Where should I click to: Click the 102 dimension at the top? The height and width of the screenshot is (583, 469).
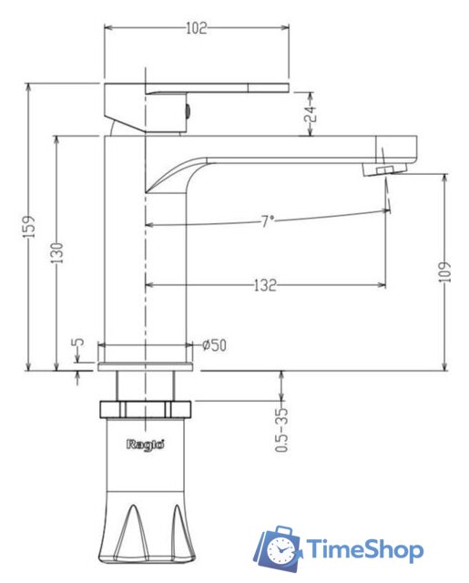coord(196,28)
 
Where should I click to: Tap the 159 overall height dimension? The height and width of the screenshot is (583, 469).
coord(30,226)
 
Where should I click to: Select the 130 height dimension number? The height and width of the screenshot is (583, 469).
coord(57,253)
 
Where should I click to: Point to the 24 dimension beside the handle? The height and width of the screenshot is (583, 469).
coord(310,114)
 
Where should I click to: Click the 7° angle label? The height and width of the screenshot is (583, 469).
coord(267,221)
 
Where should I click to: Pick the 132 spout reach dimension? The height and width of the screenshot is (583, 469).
coord(265,285)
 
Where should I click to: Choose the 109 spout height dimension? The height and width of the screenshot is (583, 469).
coord(444,271)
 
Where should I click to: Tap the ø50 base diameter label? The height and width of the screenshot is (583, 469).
coord(214,345)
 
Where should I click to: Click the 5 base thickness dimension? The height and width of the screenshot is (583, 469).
coord(78,343)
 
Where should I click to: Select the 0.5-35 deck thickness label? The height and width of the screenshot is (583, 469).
coord(281,429)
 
